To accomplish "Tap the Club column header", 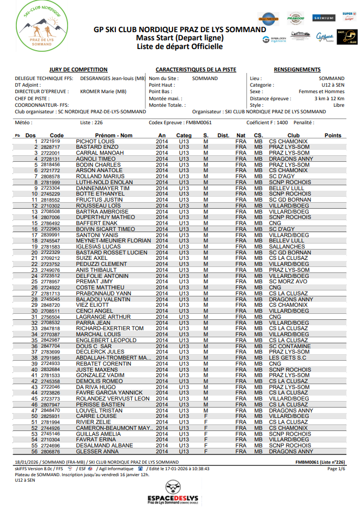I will tap(293, 135).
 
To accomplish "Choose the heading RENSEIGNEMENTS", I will tap(297, 70).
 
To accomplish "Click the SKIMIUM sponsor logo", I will tap(324, 18).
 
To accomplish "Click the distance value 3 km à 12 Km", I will tap(329, 99).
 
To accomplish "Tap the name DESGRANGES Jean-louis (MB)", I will tap(113, 78).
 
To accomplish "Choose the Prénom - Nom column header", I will tap(114, 135).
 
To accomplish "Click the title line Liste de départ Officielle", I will tap(180, 47).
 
